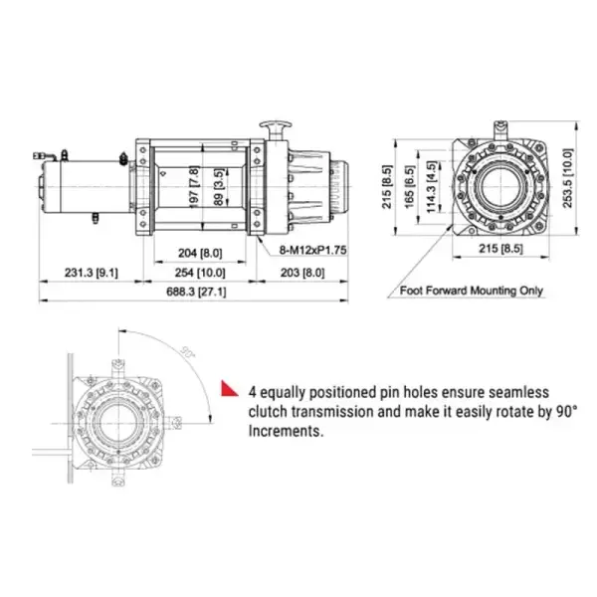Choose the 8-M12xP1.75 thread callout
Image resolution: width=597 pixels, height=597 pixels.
tap(301, 251)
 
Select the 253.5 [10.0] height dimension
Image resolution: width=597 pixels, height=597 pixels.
tap(567, 176)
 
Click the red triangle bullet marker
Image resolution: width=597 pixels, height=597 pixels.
tap(228, 387)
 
